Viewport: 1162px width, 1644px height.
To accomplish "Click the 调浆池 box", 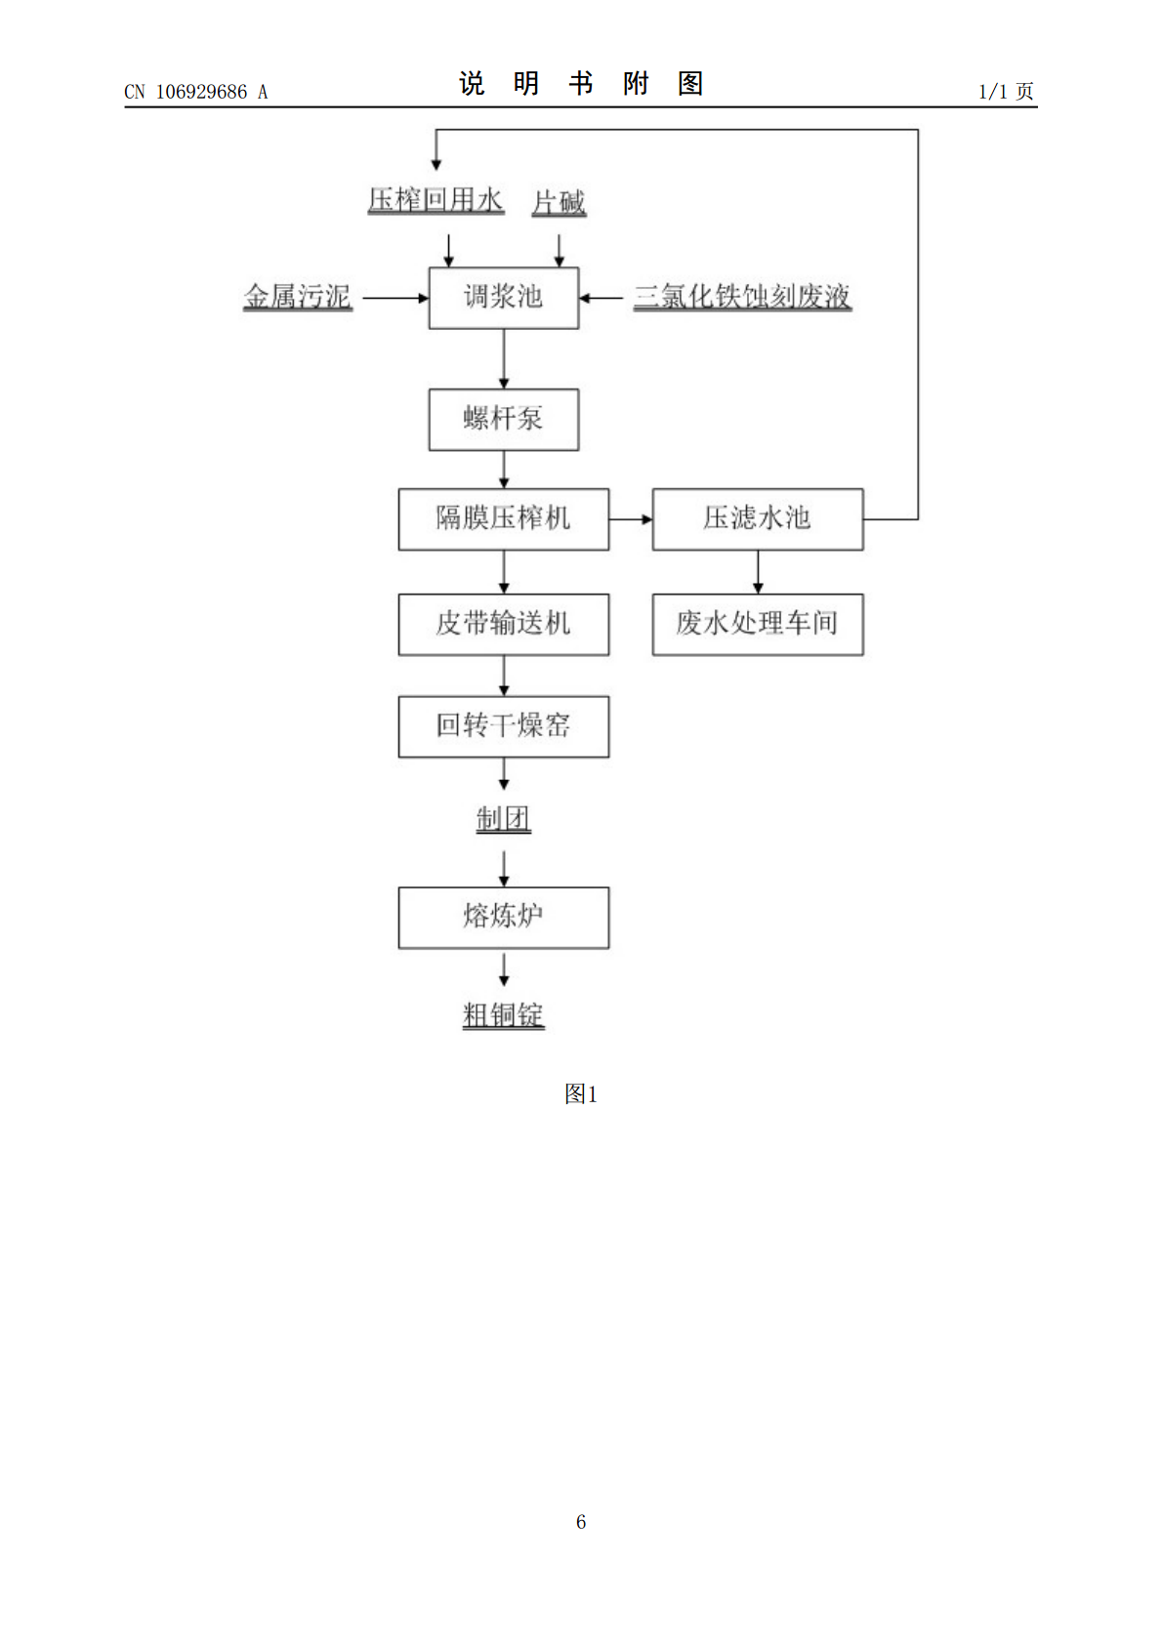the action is (504, 298).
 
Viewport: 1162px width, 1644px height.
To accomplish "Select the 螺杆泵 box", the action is (504, 420).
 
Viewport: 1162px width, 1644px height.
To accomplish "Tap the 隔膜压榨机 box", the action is (504, 519).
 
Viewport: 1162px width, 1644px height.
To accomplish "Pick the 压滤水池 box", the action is (758, 519).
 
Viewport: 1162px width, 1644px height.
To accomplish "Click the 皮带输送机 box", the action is (504, 625).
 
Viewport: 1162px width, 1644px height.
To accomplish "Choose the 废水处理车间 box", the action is (758, 625).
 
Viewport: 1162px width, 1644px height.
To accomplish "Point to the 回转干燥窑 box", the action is (504, 726).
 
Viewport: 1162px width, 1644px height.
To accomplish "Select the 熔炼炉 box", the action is (504, 918).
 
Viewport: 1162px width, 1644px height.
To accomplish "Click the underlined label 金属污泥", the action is (298, 297).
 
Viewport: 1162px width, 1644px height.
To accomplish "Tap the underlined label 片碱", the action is (559, 202).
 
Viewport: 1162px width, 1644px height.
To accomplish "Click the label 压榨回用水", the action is (436, 200).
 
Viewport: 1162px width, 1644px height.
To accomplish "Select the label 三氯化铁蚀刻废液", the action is (743, 297).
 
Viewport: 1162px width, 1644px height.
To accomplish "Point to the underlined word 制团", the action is (504, 819).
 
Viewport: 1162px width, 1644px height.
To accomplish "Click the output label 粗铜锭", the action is (504, 1015).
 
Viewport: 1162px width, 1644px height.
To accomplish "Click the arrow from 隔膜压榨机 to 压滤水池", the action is (631, 519).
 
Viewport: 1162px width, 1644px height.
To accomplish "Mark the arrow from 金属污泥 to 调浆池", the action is (395, 298).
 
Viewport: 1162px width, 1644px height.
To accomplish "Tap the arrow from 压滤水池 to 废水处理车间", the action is (758, 572).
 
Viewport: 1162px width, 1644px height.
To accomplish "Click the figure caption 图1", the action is (581, 1094).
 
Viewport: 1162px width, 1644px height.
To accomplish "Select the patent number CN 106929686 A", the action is (196, 93).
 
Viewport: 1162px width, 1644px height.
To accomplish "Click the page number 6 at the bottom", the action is (581, 1522).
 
